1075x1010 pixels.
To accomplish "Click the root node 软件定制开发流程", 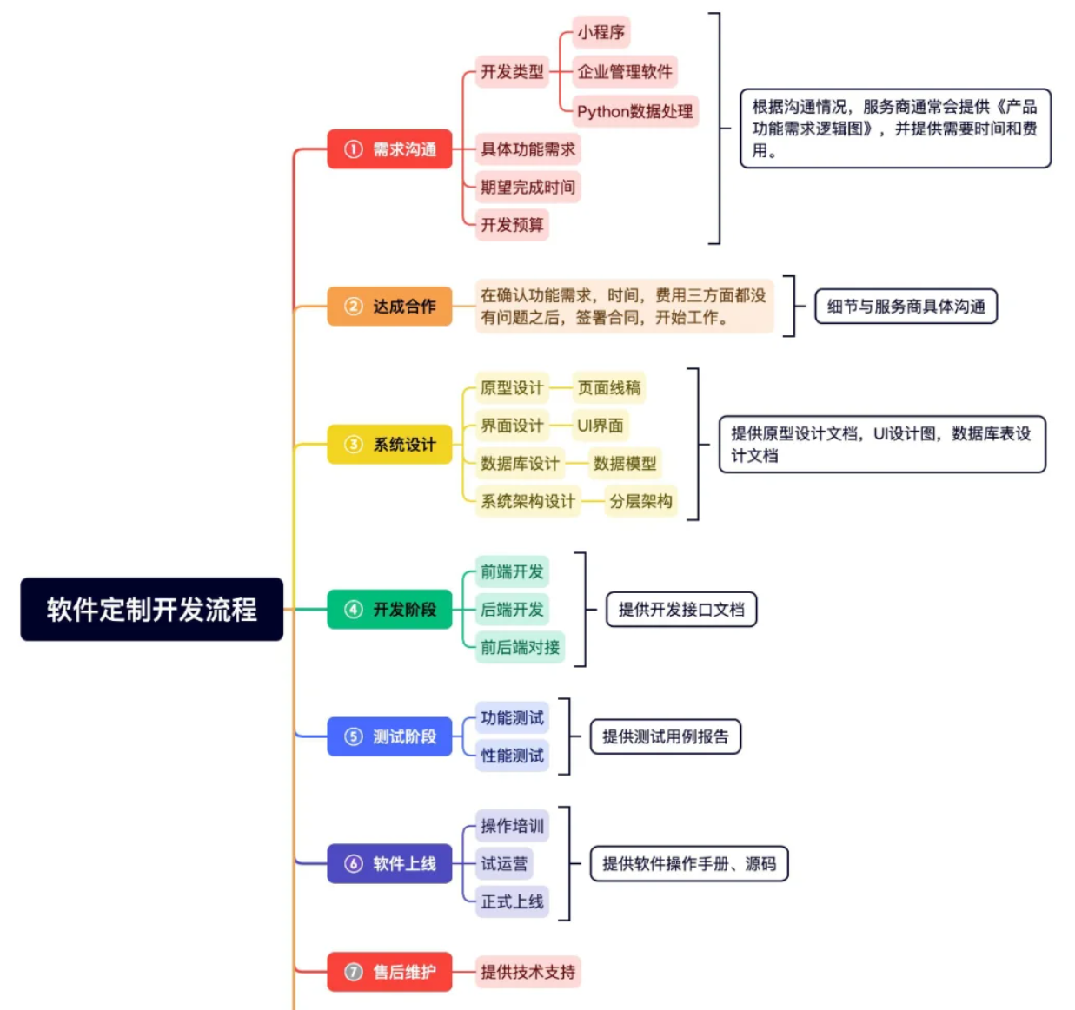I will click(x=152, y=610).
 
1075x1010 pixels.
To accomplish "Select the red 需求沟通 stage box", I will click(x=389, y=149).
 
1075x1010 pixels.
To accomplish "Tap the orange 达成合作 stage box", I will click(x=389, y=307).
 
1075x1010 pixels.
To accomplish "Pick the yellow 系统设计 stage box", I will click(x=389, y=445).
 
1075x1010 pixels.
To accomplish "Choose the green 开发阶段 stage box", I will click(x=389, y=610).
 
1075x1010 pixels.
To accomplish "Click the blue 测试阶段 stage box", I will click(x=389, y=736).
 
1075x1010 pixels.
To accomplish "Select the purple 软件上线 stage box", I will click(x=389, y=863).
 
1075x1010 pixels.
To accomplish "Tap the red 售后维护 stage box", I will click(x=389, y=972).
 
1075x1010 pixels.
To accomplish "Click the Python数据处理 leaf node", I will click(x=634, y=111).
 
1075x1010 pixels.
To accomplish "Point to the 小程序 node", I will click(x=601, y=33).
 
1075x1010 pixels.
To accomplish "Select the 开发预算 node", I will click(x=512, y=225).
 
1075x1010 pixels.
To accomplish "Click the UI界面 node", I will click(x=601, y=426).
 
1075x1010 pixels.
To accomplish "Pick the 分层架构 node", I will click(x=640, y=501).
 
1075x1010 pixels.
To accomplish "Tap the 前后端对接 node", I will click(x=520, y=647).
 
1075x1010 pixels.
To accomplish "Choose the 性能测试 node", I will click(x=512, y=756).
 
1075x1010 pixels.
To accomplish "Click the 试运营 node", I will click(x=504, y=863).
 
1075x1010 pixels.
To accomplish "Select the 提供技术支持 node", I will click(x=528, y=972).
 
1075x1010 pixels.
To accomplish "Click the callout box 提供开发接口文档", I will click(x=681, y=610).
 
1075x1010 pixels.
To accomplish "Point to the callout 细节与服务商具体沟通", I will click(x=906, y=307).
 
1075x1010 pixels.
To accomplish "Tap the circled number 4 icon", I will click(x=354, y=610).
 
